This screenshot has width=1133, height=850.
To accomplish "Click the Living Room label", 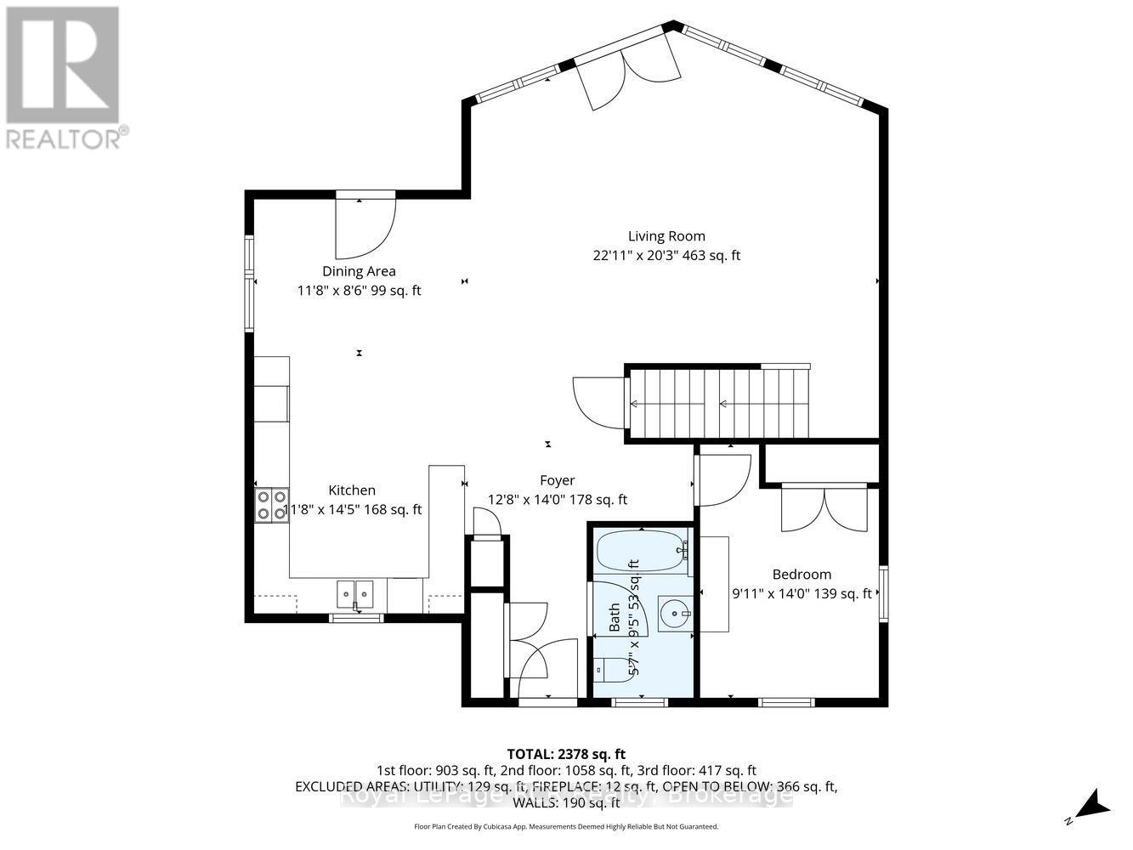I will pyautogui.click(x=666, y=236).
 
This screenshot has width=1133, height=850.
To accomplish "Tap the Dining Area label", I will pyautogui.click(x=359, y=271).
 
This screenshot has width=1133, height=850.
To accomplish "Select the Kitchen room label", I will pyautogui.click(x=352, y=490).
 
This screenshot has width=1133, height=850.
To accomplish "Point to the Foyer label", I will pyautogui.click(x=557, y=480).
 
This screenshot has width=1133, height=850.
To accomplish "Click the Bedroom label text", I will pyautogui.click(x=802, y=575).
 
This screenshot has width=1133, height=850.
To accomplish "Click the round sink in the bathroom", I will pyautogui.click(x=675, y=610).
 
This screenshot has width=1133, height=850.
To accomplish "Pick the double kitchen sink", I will pyautogui.click(x=355, y=592).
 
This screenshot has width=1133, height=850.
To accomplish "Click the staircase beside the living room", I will pyautogui.click(x=718, y=405).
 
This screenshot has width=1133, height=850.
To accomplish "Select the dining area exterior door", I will pyautogui.click(x=365, y=227).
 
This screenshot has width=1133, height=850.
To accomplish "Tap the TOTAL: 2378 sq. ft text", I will pyautogui.click(x=566, y=753).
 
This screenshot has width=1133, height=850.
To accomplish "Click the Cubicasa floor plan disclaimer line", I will pyautogui.click(x=566, y=826).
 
